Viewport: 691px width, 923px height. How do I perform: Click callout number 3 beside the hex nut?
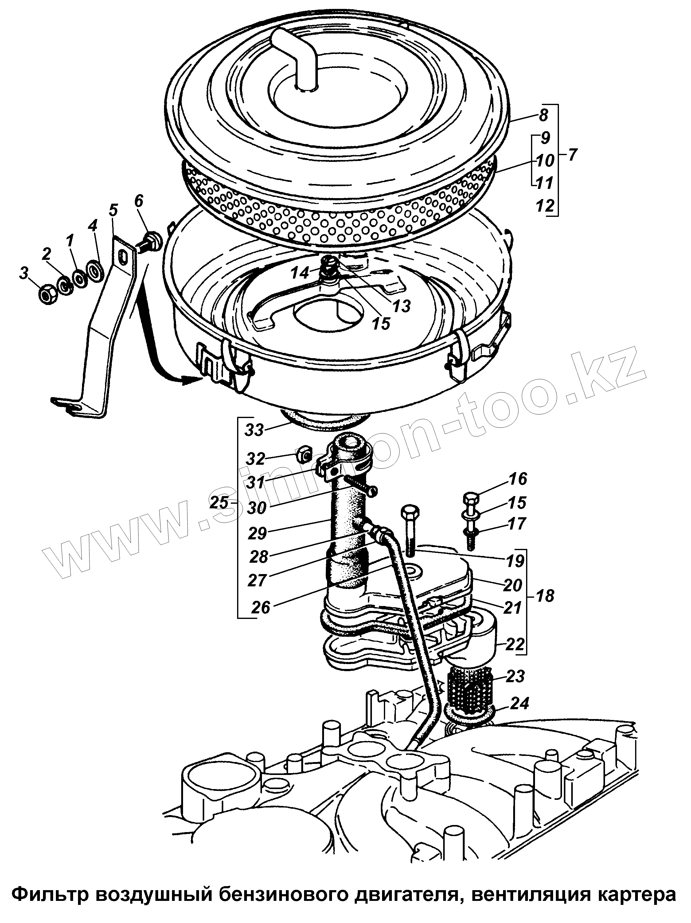[24, 274]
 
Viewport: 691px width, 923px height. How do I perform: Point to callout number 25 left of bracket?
[219, 503]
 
